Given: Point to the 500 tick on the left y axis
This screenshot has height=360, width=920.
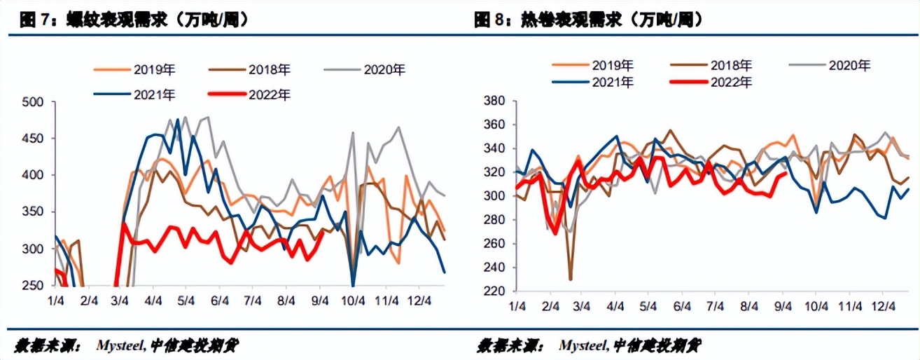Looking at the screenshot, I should [33, 102].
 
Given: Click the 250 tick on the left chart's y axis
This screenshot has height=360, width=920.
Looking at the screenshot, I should [33, 286].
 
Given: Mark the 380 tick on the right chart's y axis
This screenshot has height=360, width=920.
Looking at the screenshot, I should [495, 101].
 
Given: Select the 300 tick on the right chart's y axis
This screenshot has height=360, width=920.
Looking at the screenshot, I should [495, 196].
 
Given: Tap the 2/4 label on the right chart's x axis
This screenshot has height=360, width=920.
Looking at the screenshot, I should [550, 306].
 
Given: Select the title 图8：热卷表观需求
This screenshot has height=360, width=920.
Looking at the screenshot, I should [588, 21].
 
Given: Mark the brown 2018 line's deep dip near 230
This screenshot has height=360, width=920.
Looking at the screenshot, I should [570, 279].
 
